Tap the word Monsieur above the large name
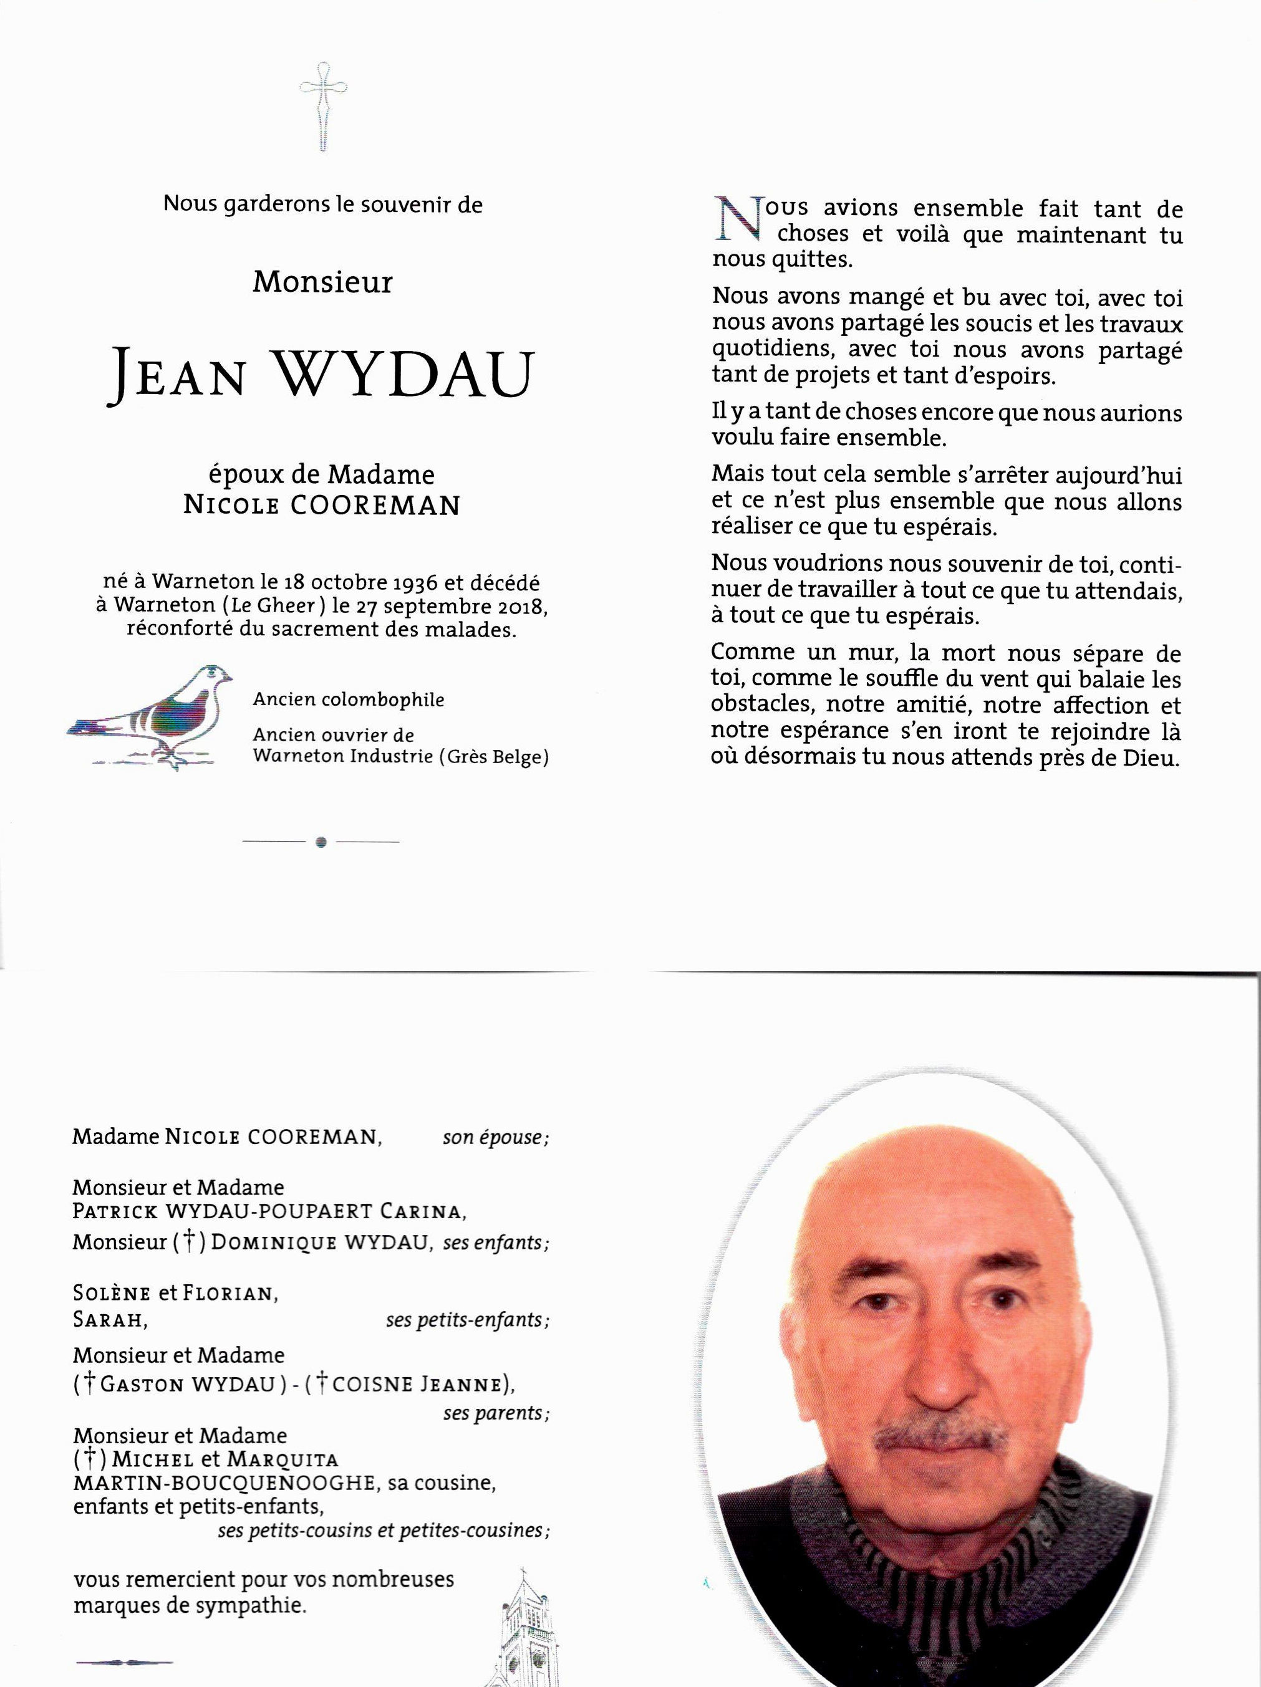coord(322,282)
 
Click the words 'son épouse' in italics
coord(495,1138)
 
